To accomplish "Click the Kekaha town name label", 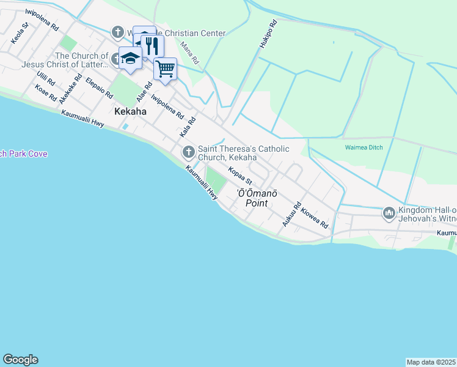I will click(x=130, y=111).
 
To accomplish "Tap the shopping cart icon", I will click(x=165, y=69).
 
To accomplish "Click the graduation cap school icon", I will click(x=130, y=58).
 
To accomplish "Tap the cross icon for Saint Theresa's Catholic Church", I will click(x=188, y=150).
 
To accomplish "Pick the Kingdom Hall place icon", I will click(x=389, y=213).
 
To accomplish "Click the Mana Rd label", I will click(x=190, y=53).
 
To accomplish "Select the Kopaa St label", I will click(x=240, y=176).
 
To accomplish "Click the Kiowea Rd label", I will click(x=315, y=218).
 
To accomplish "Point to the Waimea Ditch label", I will click(x=364, y=148).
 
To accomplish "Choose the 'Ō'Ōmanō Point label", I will click(x=257, y=197).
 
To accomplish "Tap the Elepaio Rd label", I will click(x=100, y=88).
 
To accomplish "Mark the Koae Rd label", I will click(x=46, y=94).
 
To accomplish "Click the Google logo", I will click(x=20, y=360).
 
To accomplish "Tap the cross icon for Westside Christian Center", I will click(x=117, y=33).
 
